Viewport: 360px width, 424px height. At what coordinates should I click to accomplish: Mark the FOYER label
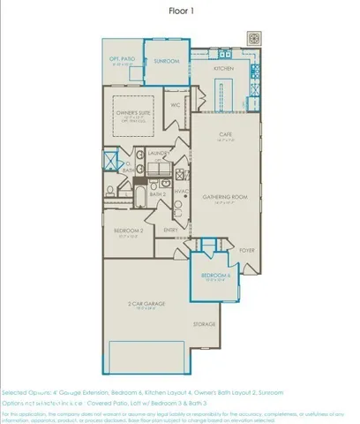tap(246, 250)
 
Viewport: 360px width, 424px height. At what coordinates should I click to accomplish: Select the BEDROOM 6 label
tap(214, 276)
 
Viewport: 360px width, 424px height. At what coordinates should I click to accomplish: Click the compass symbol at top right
tap(253, 40)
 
